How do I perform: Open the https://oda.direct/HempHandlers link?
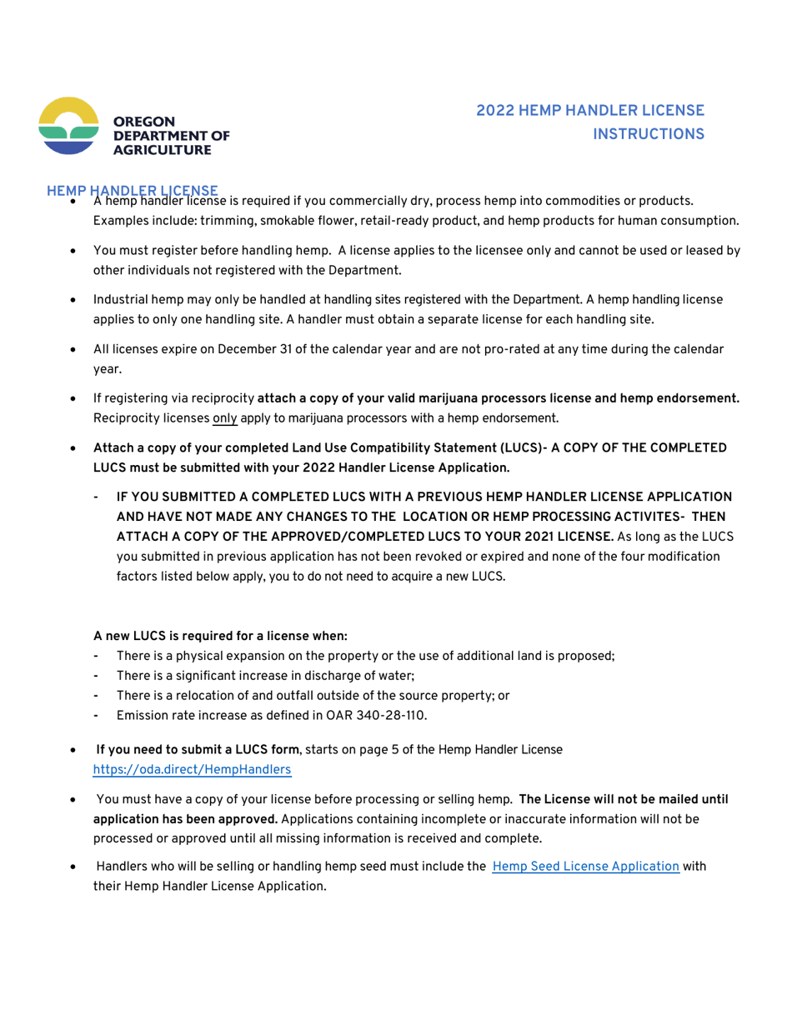point(192,770)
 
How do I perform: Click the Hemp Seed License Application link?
point(586,866)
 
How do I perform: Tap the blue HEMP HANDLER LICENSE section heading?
point(133,191)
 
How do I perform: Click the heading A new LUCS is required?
point(207,635)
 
